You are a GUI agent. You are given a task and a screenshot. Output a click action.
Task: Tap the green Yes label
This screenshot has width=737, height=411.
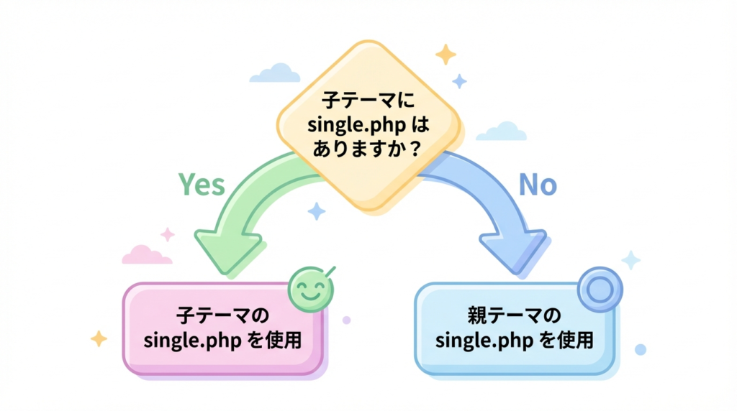(x=201, y=185)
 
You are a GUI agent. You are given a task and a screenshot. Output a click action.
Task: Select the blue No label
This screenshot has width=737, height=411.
(x=538, y=185)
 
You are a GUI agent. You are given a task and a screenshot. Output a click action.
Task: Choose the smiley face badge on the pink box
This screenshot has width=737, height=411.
(x=310, y=289)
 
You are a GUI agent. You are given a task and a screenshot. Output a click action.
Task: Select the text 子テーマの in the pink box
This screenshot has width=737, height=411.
(x=222, y=315)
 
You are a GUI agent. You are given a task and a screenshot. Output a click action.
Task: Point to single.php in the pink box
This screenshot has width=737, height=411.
(x=193, y=341)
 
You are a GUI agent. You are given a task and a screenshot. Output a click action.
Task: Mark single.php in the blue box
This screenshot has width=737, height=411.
(x=484, y=340)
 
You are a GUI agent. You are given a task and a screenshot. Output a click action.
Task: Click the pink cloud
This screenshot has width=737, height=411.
(x=146, y=254)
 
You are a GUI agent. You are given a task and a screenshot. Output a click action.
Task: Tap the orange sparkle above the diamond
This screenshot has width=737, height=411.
(x=446, y=55)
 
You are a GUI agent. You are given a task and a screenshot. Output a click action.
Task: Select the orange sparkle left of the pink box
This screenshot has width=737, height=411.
(x=99, y=338)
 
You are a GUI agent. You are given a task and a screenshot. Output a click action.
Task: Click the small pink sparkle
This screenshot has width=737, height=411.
(x=168, y=234)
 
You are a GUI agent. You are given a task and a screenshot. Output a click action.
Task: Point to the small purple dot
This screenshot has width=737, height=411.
(x=347, y=320)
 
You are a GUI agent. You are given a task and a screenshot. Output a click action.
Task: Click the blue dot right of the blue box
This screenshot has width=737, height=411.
(x=640, y=349)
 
